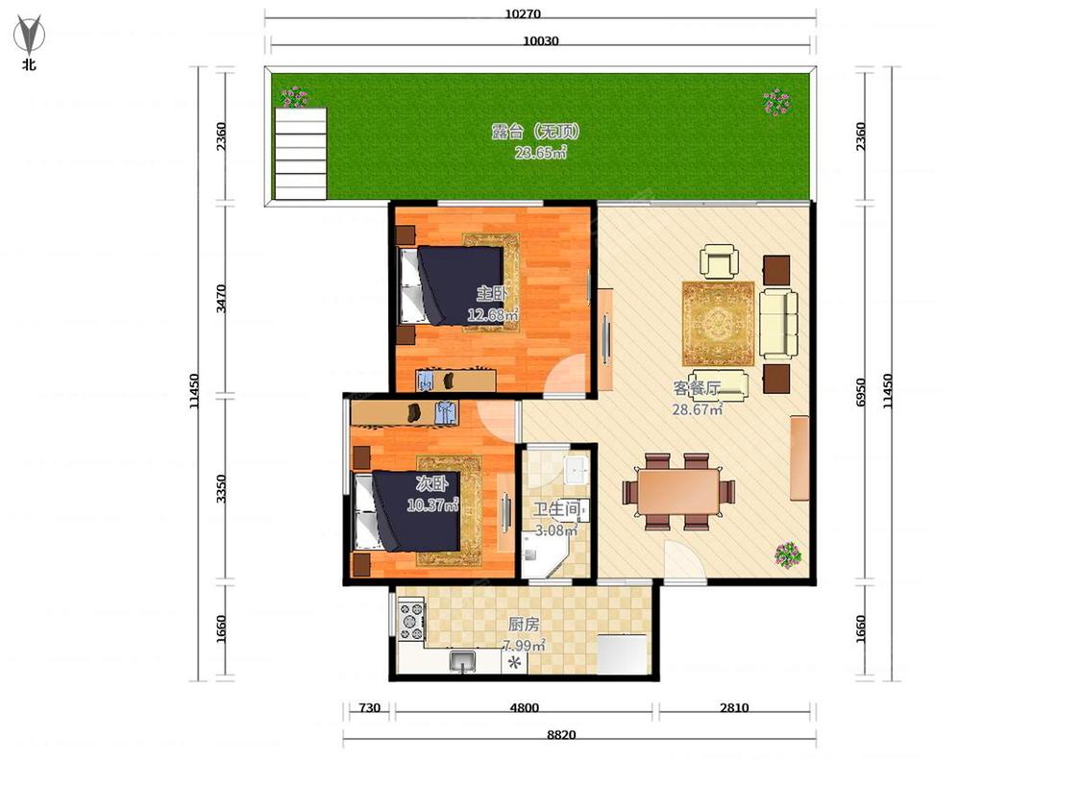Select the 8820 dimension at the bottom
pyautogui.click(x=561, y=735)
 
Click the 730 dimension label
pyautogui.click(x=370, y=708)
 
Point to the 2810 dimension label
pyautogui.click(x=734, y=708)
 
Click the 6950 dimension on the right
pyautogui.click(x=860, y=392)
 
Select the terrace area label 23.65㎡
pyautogui.click(x=540, y=153)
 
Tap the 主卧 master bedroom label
pyautogui.click(x=492, y=294)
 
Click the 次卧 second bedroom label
pyautogui.click(x=431, y=482)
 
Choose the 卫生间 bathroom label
pyautogui.click(x=556, y=509)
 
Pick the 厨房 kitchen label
pyautogui.click(x=524, y=625)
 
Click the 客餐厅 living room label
pyautogui.click(x=697, y=388)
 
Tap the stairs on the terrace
pyautogui.click(x=300, y=153)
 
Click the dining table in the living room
pyautogui.click(x=678, y=492)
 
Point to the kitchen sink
pyautogui.click(x=462, y=661)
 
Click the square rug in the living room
pyautogui.click(x=719, y=324)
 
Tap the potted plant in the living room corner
pyautogui.click(x=788, y=554)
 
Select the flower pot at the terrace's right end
pyautogui.click(x=777, y=102)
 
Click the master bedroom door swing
pyautogui.click(x=565, y=375)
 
